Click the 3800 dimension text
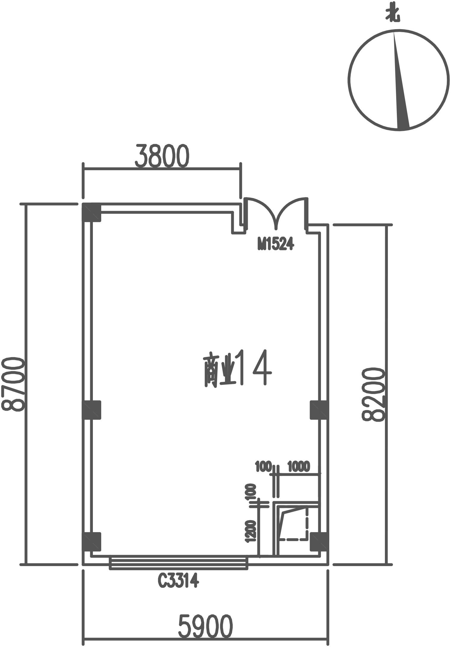[162, 156]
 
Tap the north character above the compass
[393, 15]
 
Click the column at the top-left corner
[91, 212]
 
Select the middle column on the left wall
[91, 410]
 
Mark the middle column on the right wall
[319, 410]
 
